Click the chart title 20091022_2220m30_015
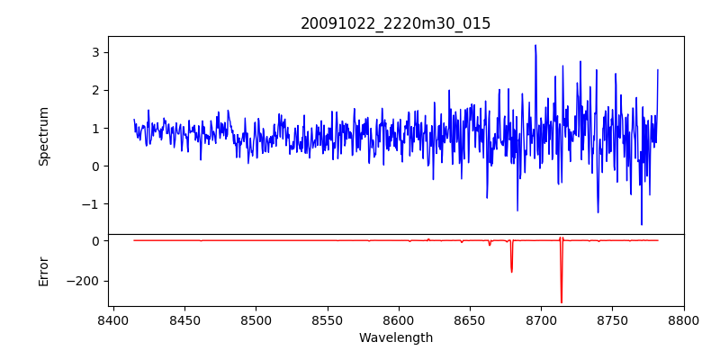(395, 23)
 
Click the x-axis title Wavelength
(395, 337)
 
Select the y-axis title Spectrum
(43, 136)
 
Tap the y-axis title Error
(43, 271)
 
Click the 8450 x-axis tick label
(184, 319)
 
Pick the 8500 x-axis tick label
(256, 319)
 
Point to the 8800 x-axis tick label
(684, 319)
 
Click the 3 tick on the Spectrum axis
(93, 52)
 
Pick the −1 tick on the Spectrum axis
(89, 204)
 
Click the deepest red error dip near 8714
(561, 302)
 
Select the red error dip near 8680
(511, 272)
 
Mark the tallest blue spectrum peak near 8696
(535, 45)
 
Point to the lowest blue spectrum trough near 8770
(642, 224)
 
